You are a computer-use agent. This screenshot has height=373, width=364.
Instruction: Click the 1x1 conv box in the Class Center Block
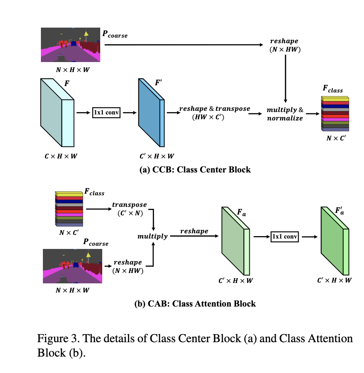point(107,112)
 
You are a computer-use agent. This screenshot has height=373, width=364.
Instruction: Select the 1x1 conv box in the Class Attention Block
point(285,237)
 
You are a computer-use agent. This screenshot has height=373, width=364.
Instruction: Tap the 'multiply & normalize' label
point(285,114)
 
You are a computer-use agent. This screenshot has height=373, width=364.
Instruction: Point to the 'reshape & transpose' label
point(214,112)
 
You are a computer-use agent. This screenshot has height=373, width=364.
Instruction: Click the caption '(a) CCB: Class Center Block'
point(195,169)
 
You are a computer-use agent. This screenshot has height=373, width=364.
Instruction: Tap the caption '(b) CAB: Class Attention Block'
point(195,303)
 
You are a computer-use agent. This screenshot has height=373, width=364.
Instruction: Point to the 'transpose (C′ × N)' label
point(129,209)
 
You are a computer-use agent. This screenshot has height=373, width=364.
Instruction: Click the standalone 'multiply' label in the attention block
point(152,237)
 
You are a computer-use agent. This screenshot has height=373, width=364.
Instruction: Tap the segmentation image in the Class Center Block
point(71,45)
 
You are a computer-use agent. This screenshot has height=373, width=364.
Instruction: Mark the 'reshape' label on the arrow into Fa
point(194,231)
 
